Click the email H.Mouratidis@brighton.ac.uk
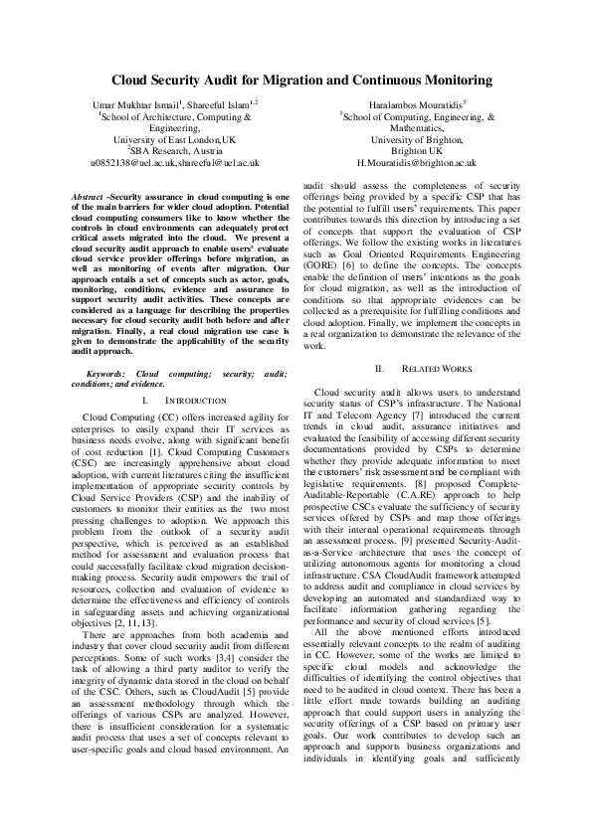tap(416, 162)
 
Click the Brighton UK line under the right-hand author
tap(416, 150)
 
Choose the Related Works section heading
tap(430, 368)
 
